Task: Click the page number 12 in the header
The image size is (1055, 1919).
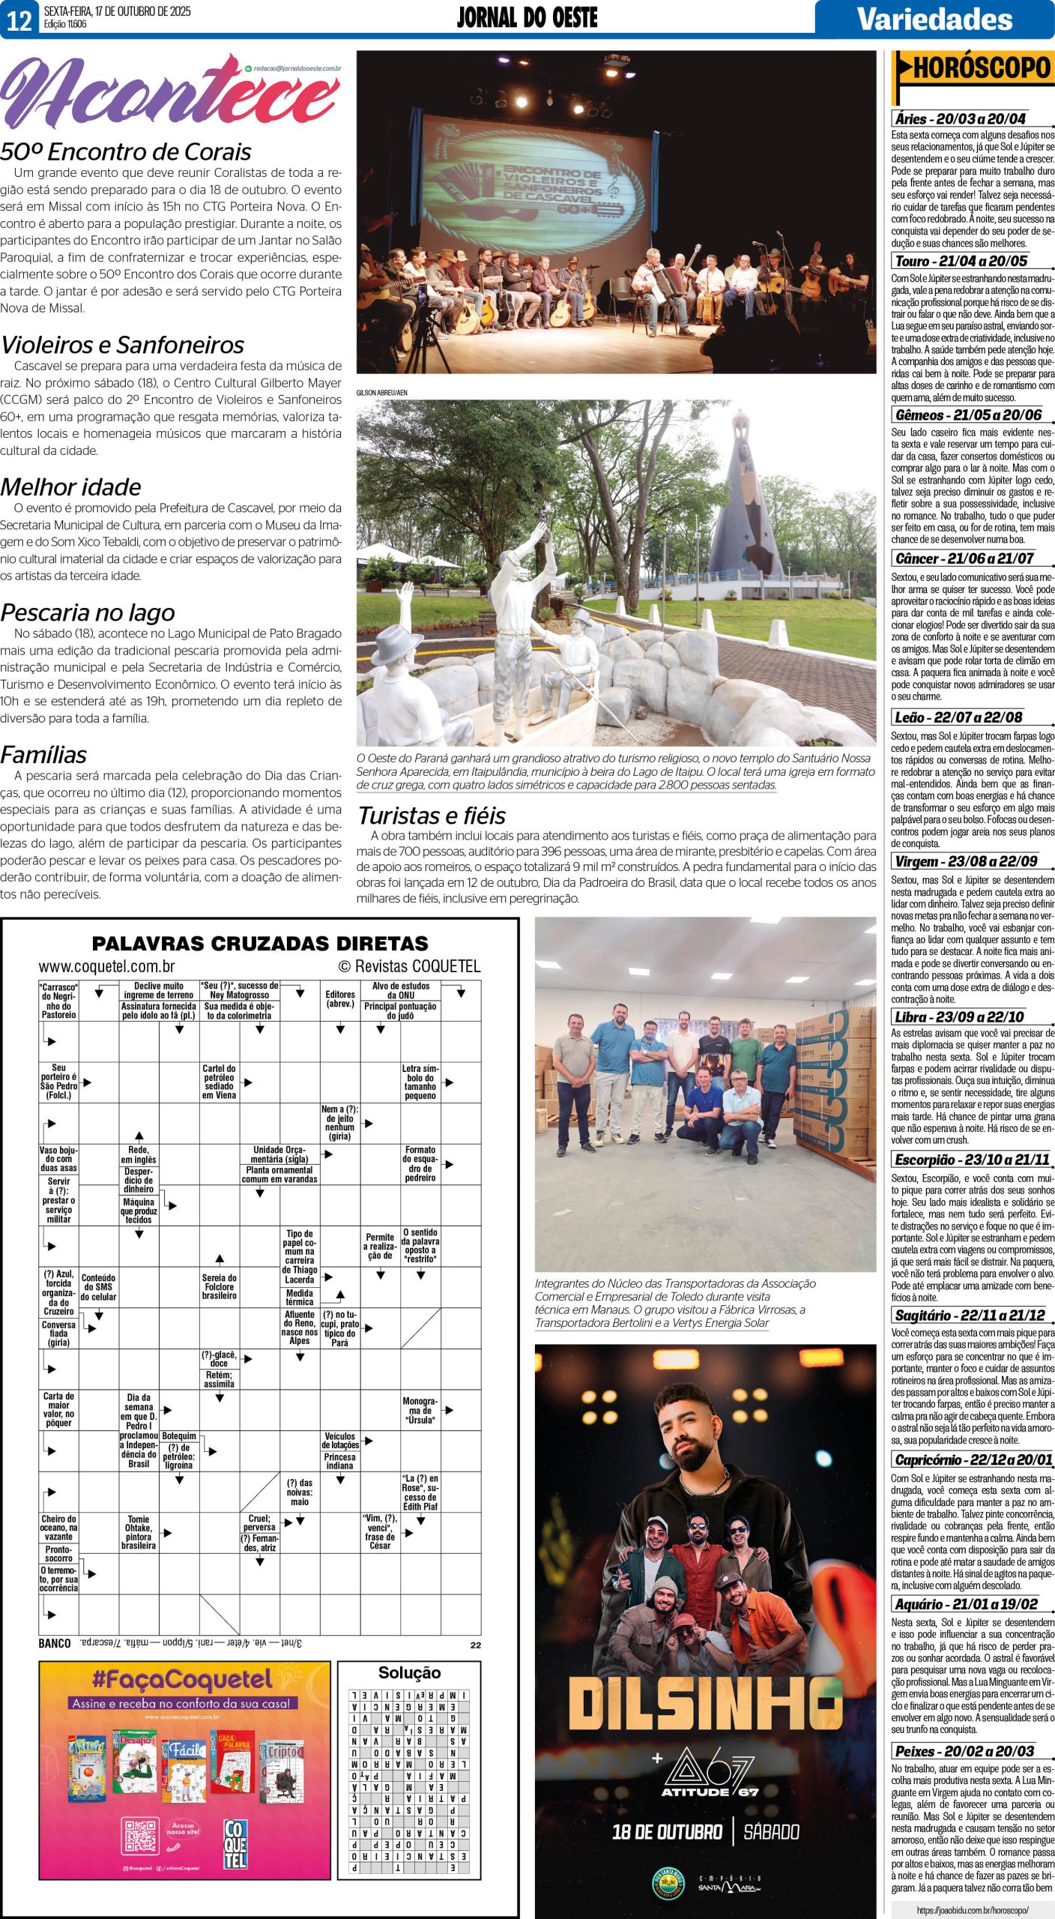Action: click(x=19, y=19)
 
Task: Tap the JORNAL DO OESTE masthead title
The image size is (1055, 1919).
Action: click(x=527, y=18)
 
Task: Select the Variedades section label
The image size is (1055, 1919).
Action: click(x=934, y=19)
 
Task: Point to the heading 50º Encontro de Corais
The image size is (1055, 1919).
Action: click(x=126, y=152)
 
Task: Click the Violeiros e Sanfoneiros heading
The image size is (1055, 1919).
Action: click(x=123, y=345)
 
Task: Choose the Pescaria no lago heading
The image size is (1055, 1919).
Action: click(x=88, y=612)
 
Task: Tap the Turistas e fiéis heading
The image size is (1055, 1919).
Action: click(x=432, y=816)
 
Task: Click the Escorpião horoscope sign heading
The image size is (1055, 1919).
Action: click(x=972, y=1160)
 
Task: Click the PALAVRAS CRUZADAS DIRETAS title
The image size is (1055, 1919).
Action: click(x=260, y=943)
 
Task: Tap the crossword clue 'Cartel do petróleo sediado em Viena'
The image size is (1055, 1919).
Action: click(x=219, y=1082)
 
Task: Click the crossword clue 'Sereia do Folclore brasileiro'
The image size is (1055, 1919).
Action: click(x=219, y=1286)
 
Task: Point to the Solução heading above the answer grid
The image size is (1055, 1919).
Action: click(x=409, y=1672)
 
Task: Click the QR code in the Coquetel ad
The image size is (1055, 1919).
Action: click(x=140, y=1834)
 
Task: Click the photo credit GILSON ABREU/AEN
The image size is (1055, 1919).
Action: click(x=382, y=392)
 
